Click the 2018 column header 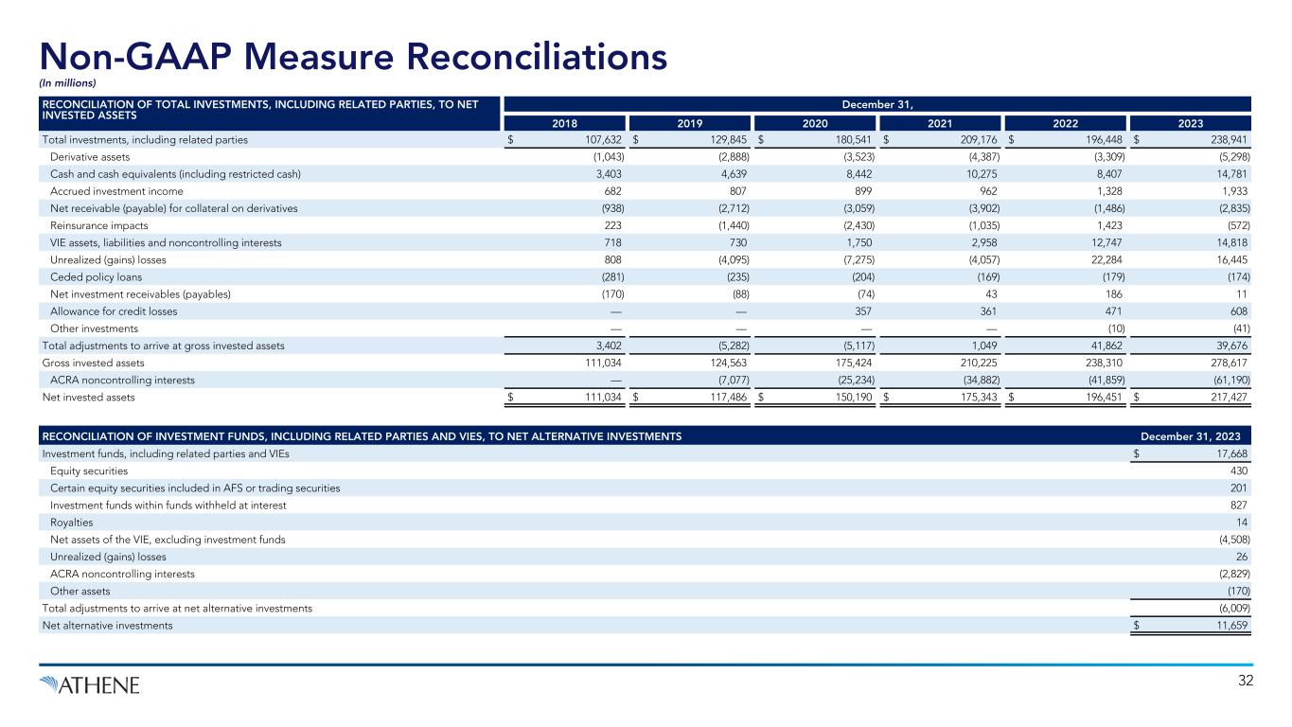click(x=564, y=122)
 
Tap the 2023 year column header click(x=1190, y=122)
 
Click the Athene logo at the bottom click(x=90, y=684)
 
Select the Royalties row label click(x=71, y=522)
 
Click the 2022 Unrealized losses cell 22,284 click(x=1103, y=259)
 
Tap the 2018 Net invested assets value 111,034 click(x=600, y=398)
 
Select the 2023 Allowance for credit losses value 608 click(x=1238, y=310)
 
